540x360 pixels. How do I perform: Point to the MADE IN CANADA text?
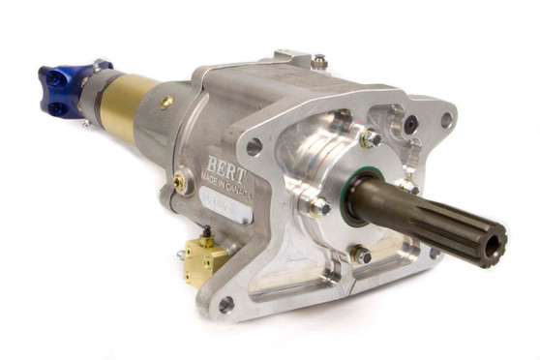[x=224, y=181]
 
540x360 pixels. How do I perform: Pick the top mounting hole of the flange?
[x=255, y=147]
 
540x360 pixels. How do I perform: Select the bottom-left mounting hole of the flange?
[x=226, y=304]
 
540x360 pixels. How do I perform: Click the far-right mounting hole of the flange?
[x=446, y=120]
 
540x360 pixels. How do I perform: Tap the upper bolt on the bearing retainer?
[x=369, y=139]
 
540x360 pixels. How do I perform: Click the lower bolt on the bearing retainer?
[x=361, y=255]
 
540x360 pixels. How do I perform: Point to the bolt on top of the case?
[x=319, y=62]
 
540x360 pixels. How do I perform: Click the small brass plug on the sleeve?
[x=166, y=102]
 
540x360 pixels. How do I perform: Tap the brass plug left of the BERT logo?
[x=181, y=181]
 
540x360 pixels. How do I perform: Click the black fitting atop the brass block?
[x=206, y=233]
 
